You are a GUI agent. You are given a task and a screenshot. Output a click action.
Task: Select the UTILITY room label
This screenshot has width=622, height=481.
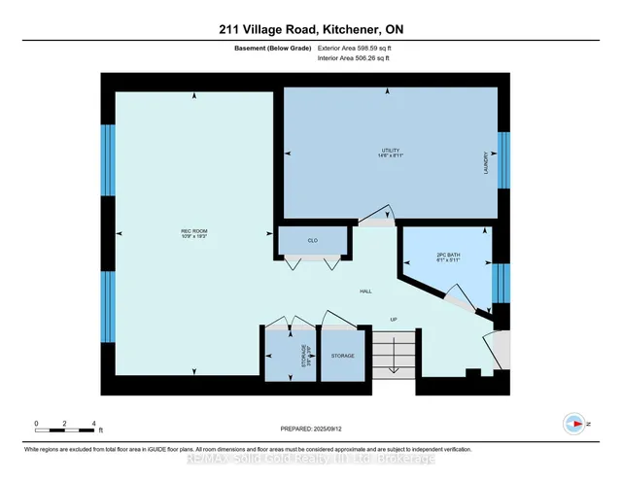[391, 150]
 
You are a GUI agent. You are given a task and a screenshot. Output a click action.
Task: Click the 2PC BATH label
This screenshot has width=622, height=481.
[448, 256]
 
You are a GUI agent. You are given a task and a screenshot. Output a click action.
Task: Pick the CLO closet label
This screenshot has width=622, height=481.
[313, 241]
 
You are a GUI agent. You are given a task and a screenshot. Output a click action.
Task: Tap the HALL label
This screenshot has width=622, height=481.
[365, 291]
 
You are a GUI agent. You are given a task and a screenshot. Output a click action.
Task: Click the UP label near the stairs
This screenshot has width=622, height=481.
[394, 319]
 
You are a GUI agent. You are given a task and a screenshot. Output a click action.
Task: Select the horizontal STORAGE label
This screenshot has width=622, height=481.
[342, 356]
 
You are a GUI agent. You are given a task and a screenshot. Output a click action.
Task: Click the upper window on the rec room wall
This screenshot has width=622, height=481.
[108, 159]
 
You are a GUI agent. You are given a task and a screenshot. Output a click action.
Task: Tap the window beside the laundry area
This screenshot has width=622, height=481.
[502, 159]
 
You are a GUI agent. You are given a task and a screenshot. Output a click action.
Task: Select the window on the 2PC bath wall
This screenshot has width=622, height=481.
[501, 284]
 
